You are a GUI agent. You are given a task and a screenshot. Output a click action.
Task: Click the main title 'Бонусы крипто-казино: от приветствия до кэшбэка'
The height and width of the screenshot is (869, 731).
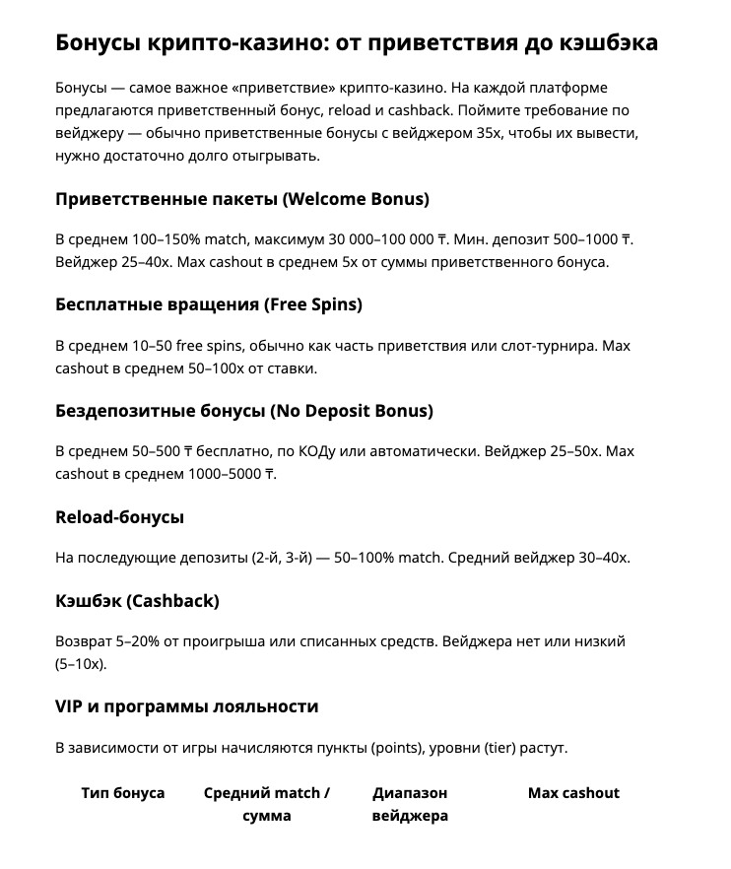pyautogui.click(x=357, y=43)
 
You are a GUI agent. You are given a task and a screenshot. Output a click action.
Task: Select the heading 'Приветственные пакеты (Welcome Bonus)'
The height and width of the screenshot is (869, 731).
pyautogui.click(x=242, y=199)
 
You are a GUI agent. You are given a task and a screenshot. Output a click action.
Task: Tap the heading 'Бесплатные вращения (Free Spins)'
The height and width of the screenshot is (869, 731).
pyautogui.click(x=209, y=304)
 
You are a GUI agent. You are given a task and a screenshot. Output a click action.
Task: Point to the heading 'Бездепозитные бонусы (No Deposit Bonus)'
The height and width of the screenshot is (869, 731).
pyautogui.click(x=244, y=410)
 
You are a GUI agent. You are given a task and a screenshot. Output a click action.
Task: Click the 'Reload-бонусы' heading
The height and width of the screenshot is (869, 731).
pyautogui.click(x=120, y=517)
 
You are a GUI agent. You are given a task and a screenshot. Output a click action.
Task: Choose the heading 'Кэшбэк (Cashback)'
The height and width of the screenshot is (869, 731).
pyautogui.click(x=137, y=600)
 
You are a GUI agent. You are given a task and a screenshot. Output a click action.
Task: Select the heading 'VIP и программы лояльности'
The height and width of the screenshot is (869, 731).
pyautogui.click(x=187, y=706)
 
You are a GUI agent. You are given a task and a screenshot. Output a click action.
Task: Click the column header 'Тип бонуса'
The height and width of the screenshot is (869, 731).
pyautogui.click(x=123, y=793)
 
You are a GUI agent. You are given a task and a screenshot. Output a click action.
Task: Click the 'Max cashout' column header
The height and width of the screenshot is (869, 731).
pyautogui.click(x=573, y=793)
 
